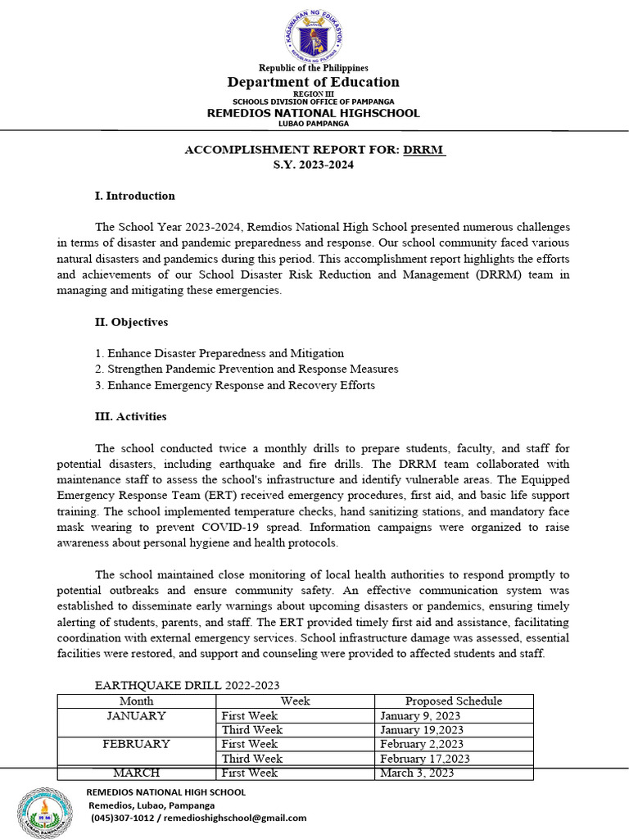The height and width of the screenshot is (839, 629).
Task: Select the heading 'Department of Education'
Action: coord(314,82)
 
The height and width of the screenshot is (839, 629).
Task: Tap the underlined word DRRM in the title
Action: coord(424,150)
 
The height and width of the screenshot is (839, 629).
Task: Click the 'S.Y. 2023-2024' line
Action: coord(314,165)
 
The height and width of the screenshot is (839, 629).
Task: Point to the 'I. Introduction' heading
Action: coord(135,196)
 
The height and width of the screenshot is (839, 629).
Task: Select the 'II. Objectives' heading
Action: coord(133,322)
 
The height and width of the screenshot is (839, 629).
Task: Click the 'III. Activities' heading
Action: coord(131,416)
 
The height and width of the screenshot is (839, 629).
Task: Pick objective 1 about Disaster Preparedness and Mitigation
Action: coord(219,353)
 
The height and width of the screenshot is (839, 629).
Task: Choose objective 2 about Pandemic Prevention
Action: coord(247,369)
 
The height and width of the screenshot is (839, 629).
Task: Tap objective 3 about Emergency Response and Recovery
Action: coord(235,385)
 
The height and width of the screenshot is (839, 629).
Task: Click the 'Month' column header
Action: coord(136,701)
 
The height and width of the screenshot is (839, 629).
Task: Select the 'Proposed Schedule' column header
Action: coord(454,701)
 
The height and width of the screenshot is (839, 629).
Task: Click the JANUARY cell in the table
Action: coord(136,715)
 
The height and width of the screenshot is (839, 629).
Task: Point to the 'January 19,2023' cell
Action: coord(422,730)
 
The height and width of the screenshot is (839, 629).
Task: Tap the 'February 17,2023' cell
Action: coord(424,759)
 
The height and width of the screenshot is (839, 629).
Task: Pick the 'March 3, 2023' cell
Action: coord(417,773)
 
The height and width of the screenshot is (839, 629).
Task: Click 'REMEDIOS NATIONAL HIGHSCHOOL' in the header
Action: coord(313,113)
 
